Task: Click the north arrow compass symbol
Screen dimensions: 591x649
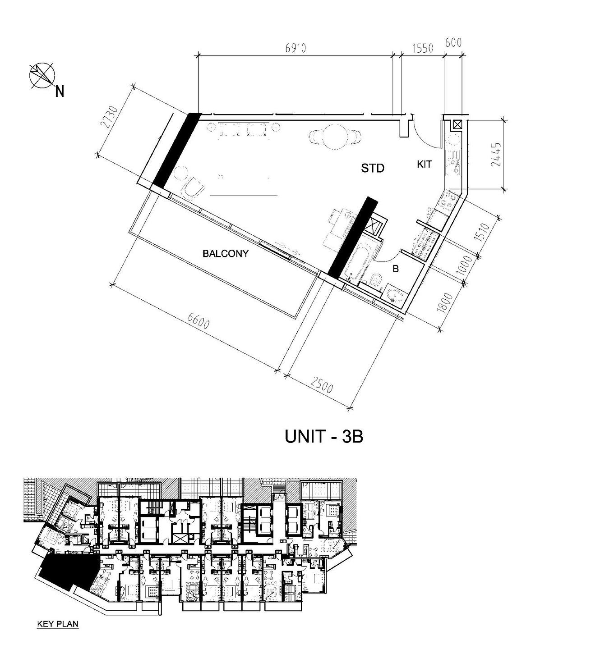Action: pyautogui.click(x=42, y=75)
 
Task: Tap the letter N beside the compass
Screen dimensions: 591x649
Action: pyautogui.click(x=59, y=91)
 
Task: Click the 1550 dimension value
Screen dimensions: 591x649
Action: pyautogui.click(x=422, y=48)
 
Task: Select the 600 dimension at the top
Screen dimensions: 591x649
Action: pyautogui.click(x=453, y=43)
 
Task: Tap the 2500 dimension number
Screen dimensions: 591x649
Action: pyautogui.click(x=321, y=385)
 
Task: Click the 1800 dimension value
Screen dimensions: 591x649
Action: pyautogui.click(x=446, y=302)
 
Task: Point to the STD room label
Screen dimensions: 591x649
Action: pyautogui.click(x=372, y=168)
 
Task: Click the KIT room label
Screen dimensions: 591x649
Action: pyautogui.click(x=424, y=165)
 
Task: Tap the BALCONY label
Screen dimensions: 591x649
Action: pyautogui.click(x=226, y=254)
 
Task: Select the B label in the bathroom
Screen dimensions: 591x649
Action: pyautogui.click(x=395, y=269)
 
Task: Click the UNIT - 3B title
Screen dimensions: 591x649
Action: pyautogui.click(x=323, y=437)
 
